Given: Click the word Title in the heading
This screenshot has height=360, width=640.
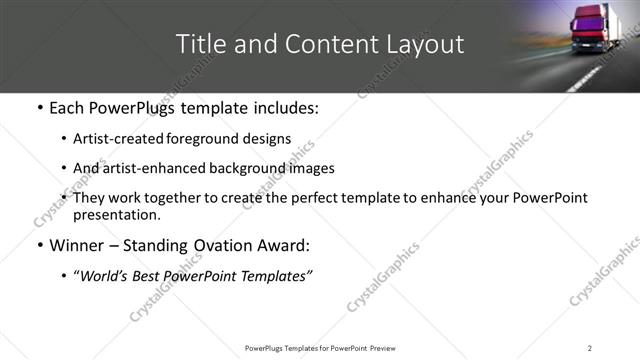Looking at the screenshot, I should [x=199, y=44].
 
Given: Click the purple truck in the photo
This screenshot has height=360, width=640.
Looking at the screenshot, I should [x=591, y=28].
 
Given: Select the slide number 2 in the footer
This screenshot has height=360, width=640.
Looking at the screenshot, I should [x=590, y=347].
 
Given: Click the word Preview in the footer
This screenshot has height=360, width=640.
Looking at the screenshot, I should [x=383, y=347].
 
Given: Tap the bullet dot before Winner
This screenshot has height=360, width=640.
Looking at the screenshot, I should [x=38, y=246].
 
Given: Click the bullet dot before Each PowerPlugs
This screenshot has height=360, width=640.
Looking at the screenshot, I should [x=38, y=107].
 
